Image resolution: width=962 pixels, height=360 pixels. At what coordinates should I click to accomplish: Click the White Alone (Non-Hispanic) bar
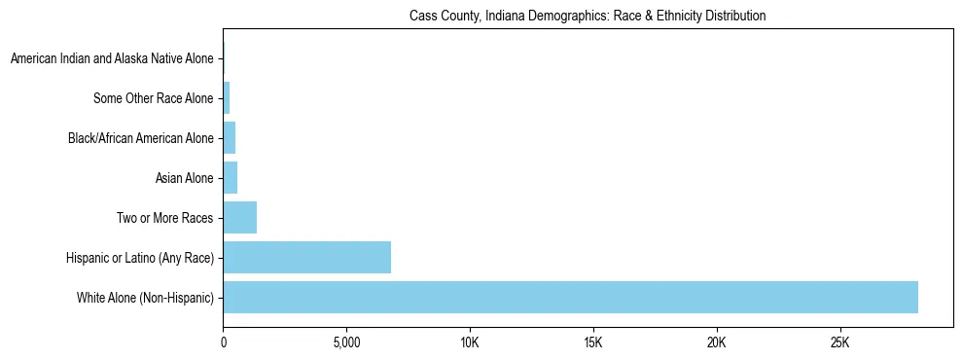click(570, 297)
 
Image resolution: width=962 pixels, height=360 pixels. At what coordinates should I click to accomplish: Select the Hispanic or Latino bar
click(306, 257)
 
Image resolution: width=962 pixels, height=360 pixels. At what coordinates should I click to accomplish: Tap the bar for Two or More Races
click(239, 217)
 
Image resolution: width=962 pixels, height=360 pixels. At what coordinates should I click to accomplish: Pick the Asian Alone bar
click(230, 177)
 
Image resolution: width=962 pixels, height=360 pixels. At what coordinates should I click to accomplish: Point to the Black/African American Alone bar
click(229, 137)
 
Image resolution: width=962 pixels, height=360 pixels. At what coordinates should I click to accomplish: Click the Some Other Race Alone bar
click(226, 97)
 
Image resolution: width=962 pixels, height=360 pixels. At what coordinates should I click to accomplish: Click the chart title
click(588, 16)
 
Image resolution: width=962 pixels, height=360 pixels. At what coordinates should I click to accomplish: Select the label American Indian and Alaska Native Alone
click(112, 58)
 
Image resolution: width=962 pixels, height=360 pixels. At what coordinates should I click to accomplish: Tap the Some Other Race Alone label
click(153, 98)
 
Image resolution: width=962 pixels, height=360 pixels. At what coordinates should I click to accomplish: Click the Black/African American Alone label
click(140, 138)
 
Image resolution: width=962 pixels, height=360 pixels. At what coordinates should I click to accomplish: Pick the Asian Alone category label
click(184, 178)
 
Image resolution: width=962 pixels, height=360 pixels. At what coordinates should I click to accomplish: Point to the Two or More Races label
click(164, 218)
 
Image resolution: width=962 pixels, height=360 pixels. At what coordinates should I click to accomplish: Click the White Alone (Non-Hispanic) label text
click(145, 298)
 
